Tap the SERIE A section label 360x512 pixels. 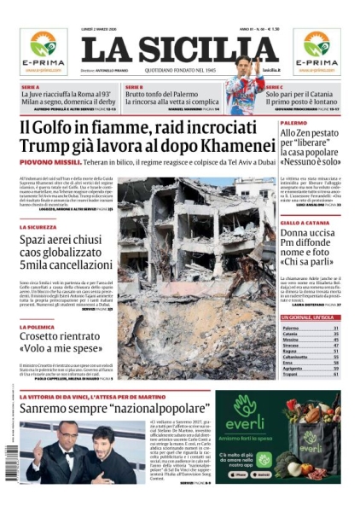pyautogui.click(x=31, y=86)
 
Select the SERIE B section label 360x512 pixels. pyautogui.click(x=134, y=86)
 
